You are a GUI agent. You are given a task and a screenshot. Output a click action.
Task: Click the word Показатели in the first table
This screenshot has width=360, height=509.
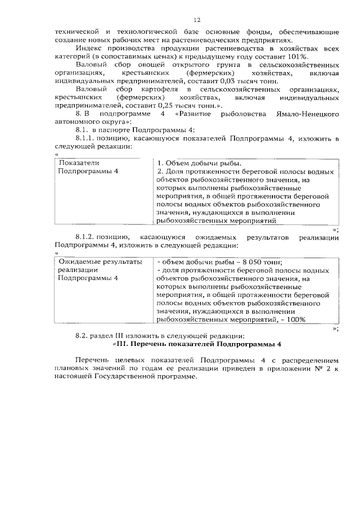(x=79, y=163)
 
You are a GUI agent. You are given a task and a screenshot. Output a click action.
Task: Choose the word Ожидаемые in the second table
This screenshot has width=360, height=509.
(x=83, y=262)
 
